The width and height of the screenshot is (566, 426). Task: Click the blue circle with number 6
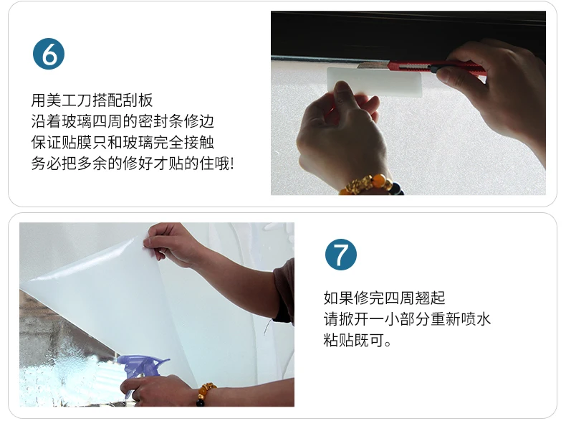(x=49, y=54)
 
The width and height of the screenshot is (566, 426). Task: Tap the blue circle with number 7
(x=341, y=255)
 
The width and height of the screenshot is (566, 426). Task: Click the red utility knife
(x=421, y=67)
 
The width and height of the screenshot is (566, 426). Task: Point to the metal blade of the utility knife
(x=373, y=65)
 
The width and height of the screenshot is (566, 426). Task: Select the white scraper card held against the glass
(x=375, y=82)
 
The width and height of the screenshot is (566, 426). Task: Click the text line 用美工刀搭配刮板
(x=92, y=100)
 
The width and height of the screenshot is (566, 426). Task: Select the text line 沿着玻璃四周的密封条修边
(x=123, y=121)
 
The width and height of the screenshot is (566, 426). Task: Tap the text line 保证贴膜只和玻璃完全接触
(x=123, y=143)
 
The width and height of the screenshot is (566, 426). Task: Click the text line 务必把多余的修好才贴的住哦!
(x=133, y=164)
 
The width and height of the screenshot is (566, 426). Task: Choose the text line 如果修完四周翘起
(x=385, y=298)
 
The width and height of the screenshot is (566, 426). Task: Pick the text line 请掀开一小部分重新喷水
(x=407, y=319)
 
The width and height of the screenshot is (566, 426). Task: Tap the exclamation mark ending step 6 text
(x=231, y=164)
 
